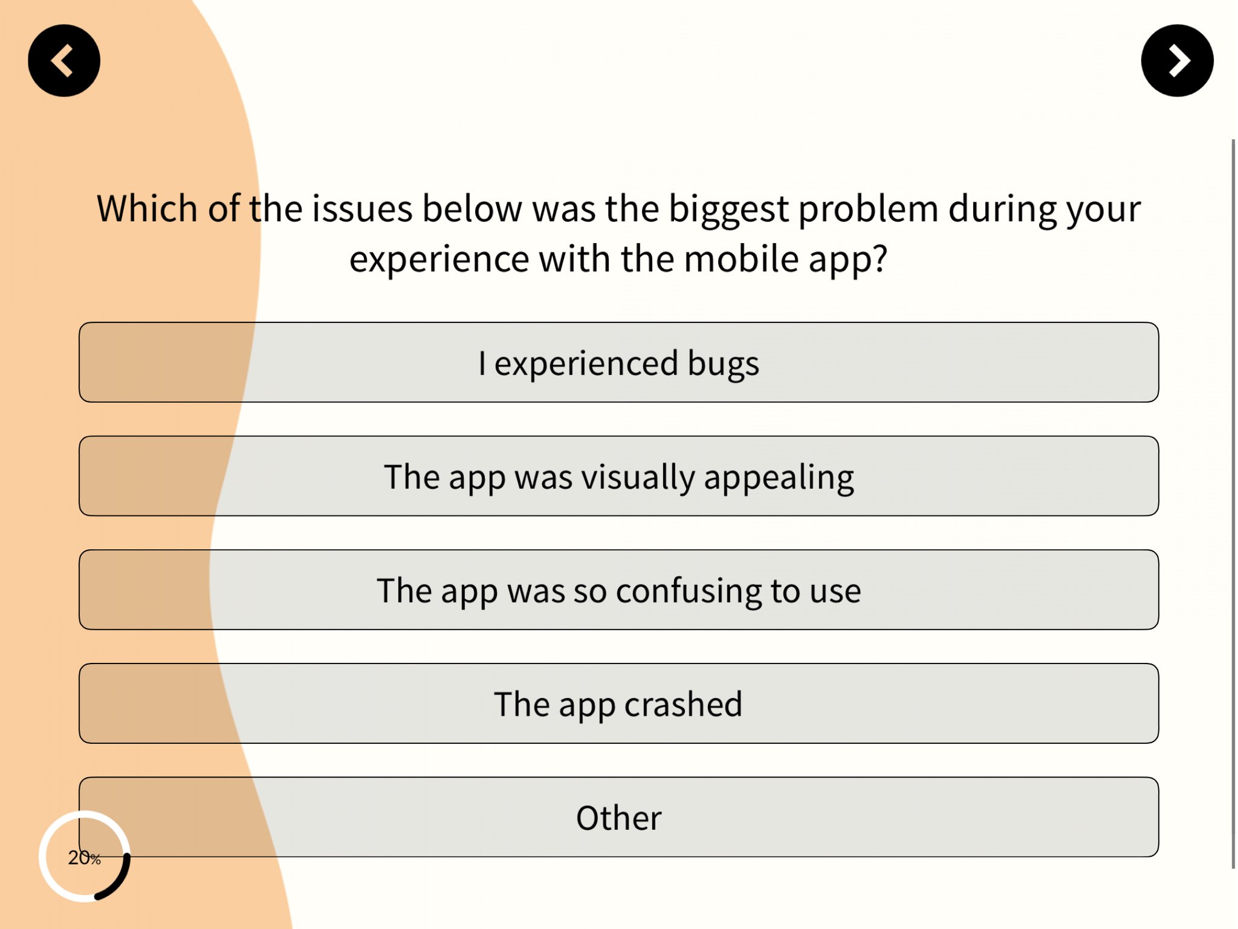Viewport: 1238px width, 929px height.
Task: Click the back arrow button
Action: pyautogui.click(x=64, y=60)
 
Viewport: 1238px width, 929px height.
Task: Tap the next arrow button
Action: pyautogui.click(x=1177, y=60)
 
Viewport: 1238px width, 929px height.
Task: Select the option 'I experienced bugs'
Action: pyautogui.click(x=619, y=362)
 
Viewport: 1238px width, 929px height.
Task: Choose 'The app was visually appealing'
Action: pyautogui.click(x=619, y=476)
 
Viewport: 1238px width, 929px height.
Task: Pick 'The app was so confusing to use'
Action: pyautogui.click(x=619, y=590)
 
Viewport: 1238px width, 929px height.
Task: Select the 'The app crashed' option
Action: pyautogui.click(x=619, y=703)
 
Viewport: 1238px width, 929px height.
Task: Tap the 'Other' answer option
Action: pyautogui.click(x=619, y=817)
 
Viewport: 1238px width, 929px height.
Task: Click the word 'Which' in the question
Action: pyautogui.click(x=147, y=209)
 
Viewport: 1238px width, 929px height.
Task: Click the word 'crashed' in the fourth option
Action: pyautogui.click(x=683, y=704)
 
